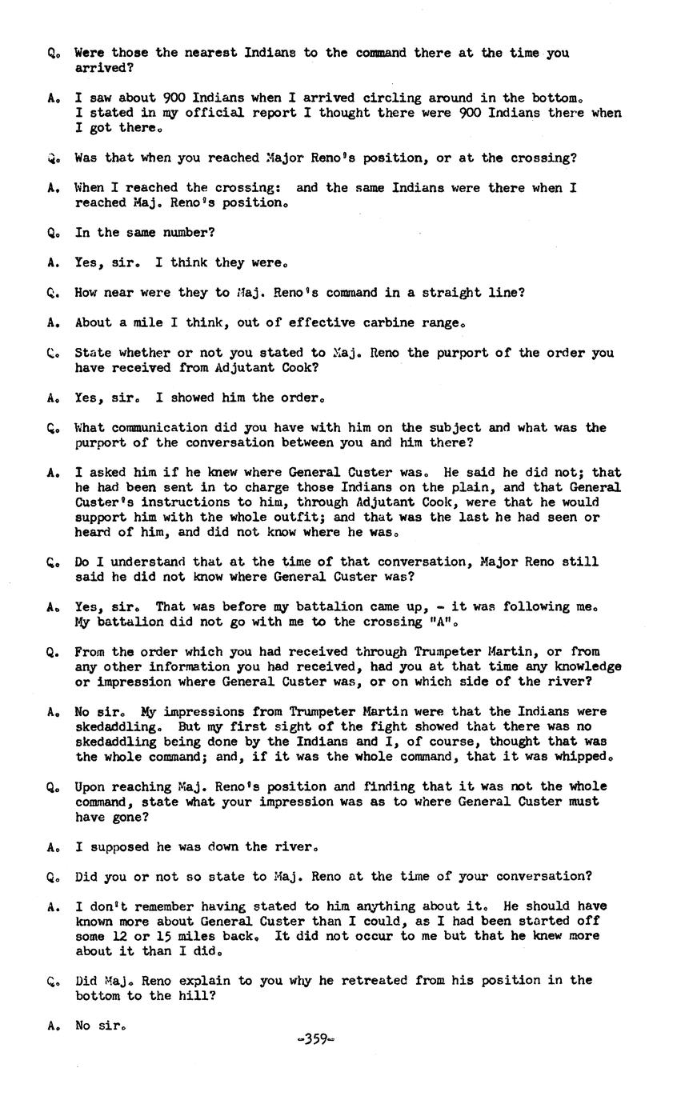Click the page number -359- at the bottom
(315, 1040)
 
